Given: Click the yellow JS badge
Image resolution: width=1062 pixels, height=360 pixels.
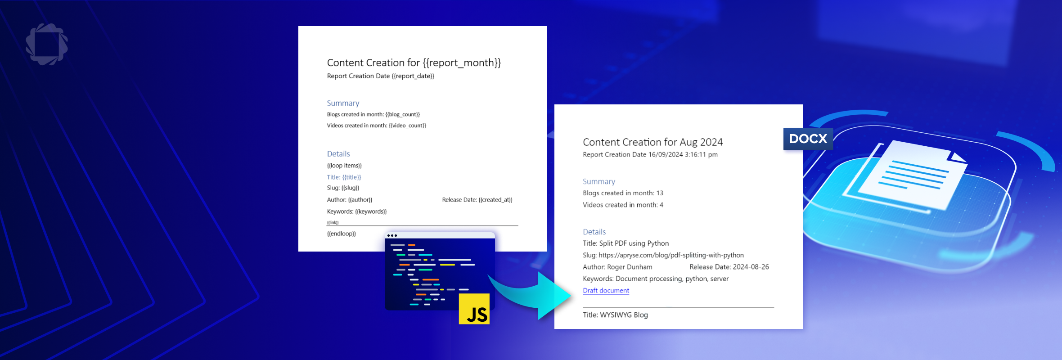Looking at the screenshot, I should point(474,309).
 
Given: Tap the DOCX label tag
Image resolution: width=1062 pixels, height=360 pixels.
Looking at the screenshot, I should point(808,139).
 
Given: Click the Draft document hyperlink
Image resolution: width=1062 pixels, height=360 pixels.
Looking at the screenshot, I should point(606,291).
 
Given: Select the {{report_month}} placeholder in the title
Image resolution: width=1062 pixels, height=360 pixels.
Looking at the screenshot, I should point(462,63).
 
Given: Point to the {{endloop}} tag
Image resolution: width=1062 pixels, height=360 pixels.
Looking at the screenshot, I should point(342,234).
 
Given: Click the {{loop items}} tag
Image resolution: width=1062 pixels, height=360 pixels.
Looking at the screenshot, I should point(344,166).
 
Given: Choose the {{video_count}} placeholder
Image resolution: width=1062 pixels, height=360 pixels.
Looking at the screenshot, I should point(407,126).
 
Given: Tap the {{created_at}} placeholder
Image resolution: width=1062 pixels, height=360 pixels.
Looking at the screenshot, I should point(495,200).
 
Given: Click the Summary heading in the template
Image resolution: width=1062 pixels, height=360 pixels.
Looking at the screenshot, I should point(343,103).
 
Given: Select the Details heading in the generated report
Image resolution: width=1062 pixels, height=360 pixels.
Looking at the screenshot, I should point(594,232).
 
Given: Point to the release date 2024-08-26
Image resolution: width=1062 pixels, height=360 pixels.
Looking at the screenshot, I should point(751,267).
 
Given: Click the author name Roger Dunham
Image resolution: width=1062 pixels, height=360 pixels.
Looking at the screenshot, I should point(630,267).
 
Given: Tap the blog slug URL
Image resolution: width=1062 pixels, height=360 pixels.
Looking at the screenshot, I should point(671,255).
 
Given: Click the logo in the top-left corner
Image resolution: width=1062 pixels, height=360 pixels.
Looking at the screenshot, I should point(47,44).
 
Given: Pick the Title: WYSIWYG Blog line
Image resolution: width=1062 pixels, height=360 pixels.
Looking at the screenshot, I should point(615,315).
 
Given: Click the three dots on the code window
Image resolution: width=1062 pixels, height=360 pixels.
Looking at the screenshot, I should point(392,235).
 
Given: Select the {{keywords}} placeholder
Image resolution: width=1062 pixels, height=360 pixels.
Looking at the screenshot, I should point(371,211).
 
